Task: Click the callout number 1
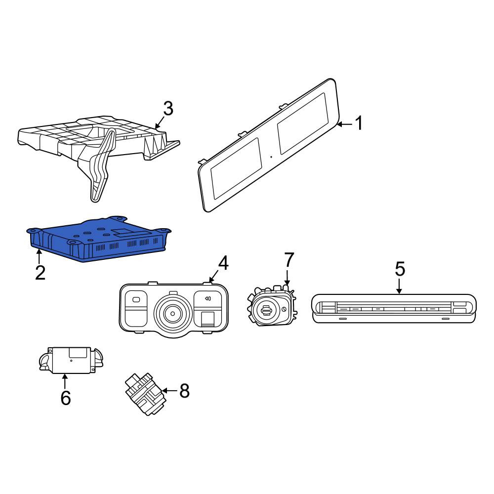tap(359, 123)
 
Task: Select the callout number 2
tap(41, 273)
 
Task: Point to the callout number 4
tap(223, 263)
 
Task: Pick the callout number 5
tap(400, 269)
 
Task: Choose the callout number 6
tap(66, 398)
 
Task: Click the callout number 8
tap(184, 391)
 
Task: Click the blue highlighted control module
tap(99, 239)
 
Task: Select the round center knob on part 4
tap(172, 313)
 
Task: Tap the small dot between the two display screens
tap(271, 157)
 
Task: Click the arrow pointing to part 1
tap(344, 124)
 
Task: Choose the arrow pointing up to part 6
tap(65, 381)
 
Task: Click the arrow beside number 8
tap(170, 391)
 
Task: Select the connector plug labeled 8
tap(146, 394)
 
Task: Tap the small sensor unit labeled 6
tap(71, 360)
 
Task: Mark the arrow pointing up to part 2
tap(39, 256)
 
